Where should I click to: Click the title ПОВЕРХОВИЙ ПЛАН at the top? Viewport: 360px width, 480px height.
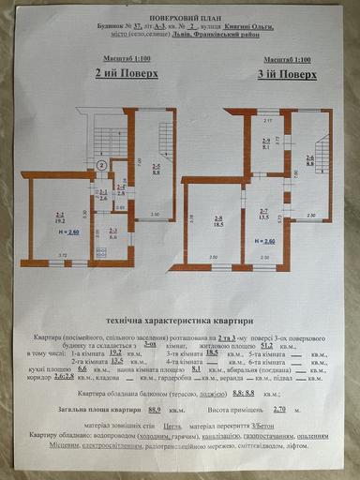(180, 17)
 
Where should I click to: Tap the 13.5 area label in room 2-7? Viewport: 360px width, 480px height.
(263, 215)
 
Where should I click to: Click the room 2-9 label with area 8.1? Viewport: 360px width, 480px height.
(265, 144)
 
